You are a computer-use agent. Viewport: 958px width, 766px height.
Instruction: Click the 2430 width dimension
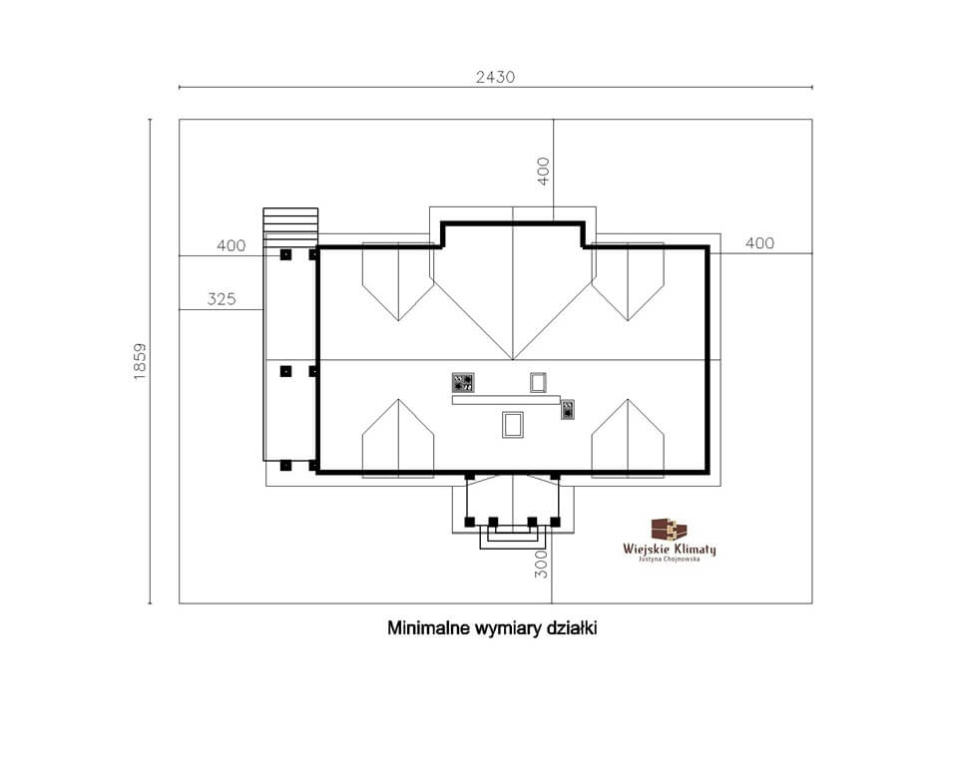tap(495, 77)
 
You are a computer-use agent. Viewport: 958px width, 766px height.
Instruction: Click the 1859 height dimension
tap(140, 362)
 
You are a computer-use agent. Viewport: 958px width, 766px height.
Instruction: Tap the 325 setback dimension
tap(222, 299)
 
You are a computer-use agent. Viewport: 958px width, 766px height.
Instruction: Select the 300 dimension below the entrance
tap(541, 565)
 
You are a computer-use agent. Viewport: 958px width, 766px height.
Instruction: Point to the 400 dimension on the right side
tap(759, 243)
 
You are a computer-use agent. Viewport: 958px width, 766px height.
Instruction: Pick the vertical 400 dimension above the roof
tap(543, 171)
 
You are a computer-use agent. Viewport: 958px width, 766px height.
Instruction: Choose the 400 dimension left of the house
tap(231, 245)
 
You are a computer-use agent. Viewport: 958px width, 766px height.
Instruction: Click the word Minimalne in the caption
tap(429, 628)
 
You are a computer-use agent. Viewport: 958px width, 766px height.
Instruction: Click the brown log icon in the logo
tap(669, 530)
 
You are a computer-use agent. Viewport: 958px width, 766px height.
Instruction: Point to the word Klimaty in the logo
tap(694, 549)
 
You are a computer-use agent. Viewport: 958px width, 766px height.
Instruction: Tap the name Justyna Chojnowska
tap(669, 559)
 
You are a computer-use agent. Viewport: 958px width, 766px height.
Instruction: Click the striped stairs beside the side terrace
tap(290, 220)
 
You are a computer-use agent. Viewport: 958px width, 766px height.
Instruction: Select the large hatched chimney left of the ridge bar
tap(463, 382)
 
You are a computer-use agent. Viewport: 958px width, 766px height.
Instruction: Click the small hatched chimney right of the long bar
tap(568, 409)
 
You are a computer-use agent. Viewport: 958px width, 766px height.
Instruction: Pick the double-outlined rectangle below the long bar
tap(513, 425)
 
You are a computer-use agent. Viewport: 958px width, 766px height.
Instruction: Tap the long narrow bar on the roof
tap(506, 400)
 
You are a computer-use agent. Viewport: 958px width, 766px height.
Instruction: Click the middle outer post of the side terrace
tap(285, 371)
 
